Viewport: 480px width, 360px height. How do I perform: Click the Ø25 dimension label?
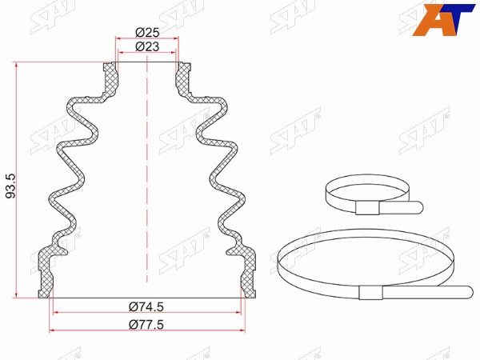[147, 32]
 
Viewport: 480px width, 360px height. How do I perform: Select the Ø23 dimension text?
[147, 46]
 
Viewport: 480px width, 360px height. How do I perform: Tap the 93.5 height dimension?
[11, 186]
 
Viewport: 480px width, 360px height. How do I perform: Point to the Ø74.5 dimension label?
[146, 306]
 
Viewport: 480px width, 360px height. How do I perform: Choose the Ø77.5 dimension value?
[146, 324]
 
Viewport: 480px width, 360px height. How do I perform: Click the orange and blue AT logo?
[443, 20]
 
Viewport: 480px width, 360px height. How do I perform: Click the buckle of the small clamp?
[367, 208]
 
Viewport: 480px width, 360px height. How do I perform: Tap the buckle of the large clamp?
[370, 292]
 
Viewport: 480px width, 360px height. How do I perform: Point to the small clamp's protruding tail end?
[418, 207]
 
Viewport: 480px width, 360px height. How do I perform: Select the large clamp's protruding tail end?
[468, 291]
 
